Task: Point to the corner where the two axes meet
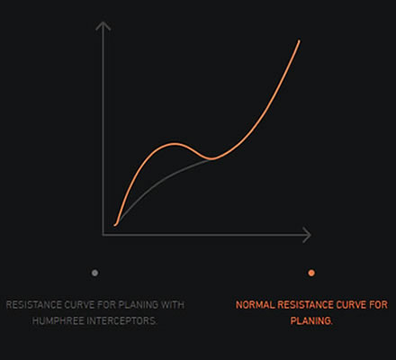coord(103,235)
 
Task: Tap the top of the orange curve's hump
coord(175,144)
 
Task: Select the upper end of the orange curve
coord(299,40)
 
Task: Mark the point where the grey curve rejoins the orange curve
coord(211,158)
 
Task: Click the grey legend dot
coord(94,273)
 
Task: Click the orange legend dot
coord(311,273)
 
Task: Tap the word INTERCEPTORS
coord(121,321)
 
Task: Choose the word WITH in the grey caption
coord(173,305)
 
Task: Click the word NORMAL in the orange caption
coord(256,305)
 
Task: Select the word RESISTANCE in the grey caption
coord(33,305)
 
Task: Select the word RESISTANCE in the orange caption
coord(305,305)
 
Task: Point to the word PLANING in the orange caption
coord(311,321)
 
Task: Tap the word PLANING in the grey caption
coord(139,305)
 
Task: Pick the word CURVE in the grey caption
coord(79,305)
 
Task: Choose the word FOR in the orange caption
coord(378,305)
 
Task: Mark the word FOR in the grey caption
coord(107,305)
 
